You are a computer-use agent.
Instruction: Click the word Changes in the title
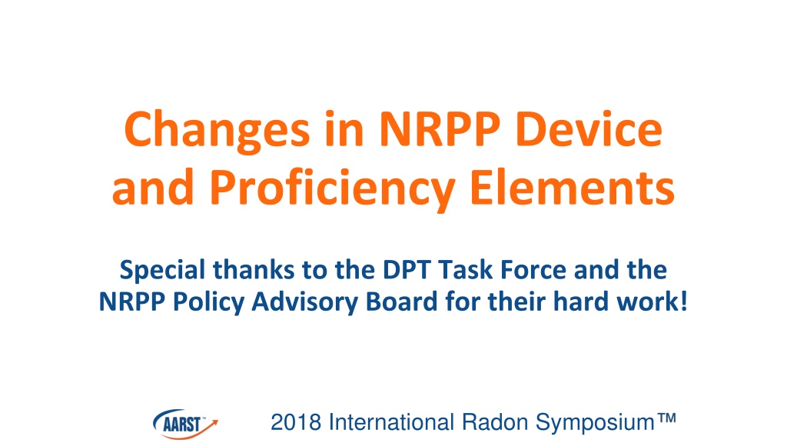coord(217,132)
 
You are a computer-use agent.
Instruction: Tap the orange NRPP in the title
coord(440,128)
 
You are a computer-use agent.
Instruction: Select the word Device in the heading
coord(589,128)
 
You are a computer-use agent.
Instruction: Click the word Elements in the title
coord(572,186)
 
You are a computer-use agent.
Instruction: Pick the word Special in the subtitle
coord(163,271)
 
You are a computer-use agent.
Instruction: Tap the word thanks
coord(254,270)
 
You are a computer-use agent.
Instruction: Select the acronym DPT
coord(406,270)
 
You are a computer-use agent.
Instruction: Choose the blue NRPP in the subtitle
coord(132,301)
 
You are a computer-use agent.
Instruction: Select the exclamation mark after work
coord(683,301)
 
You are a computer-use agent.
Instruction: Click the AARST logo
coord(185,424)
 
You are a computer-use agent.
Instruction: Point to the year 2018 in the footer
coord(296,422)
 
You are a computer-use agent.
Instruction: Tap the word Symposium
coord(596,425)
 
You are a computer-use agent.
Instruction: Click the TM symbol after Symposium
coord(667,418)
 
